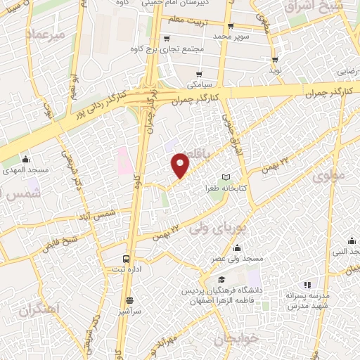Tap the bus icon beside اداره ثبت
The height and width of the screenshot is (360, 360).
(126, 258)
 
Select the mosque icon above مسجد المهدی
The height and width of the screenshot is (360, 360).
(26, 159)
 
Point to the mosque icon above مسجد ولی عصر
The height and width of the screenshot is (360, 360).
(236, 247)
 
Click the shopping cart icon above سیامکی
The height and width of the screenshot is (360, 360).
(200, 74)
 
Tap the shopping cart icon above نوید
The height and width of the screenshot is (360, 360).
(274, 60)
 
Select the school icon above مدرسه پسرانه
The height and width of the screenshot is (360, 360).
(307, 284)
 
